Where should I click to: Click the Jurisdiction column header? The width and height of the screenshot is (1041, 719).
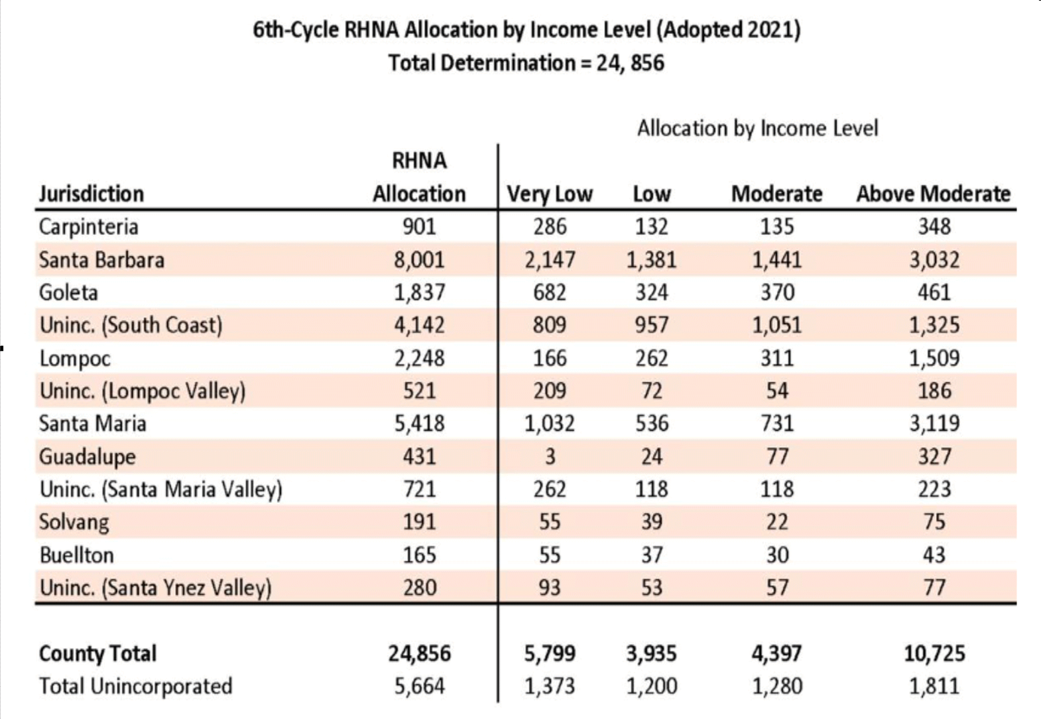click(x=92, y=193)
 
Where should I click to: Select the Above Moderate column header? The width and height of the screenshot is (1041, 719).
click(x=933, y=193)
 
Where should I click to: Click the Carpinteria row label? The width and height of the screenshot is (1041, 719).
click(x=88, y=228)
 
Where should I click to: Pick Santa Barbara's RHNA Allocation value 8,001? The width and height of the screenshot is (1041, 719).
click(x=419, y=260)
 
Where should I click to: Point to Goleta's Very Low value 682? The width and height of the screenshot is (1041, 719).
click(x=549, y=293)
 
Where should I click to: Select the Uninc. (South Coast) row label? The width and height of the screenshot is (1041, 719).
click(x=131, y=325)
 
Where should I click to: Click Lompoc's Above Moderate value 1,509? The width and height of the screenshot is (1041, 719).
click(x=934, y=358)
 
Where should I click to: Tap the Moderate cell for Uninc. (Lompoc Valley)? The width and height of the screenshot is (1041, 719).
click(x=777, y=391)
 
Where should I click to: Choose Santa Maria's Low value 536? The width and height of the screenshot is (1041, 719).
click(x=652, y=423)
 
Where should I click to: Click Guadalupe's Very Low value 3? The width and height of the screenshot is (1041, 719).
click(x=550, y=456)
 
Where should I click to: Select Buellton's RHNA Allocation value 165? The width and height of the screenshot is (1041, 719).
click(x=419, y=555)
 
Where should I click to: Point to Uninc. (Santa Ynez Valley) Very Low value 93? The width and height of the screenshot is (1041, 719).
click(x=549, y=588)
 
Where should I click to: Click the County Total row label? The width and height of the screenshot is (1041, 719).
click(x=97, y=653)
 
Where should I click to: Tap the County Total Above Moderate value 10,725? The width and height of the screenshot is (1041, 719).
click(x=934, y=653)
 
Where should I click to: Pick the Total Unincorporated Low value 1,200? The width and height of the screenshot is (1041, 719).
click(x=652, y=686)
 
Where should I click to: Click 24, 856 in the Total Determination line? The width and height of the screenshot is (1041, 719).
click(x=630, y=63)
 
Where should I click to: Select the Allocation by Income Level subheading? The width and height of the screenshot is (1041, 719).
click(x=757, y=128)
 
